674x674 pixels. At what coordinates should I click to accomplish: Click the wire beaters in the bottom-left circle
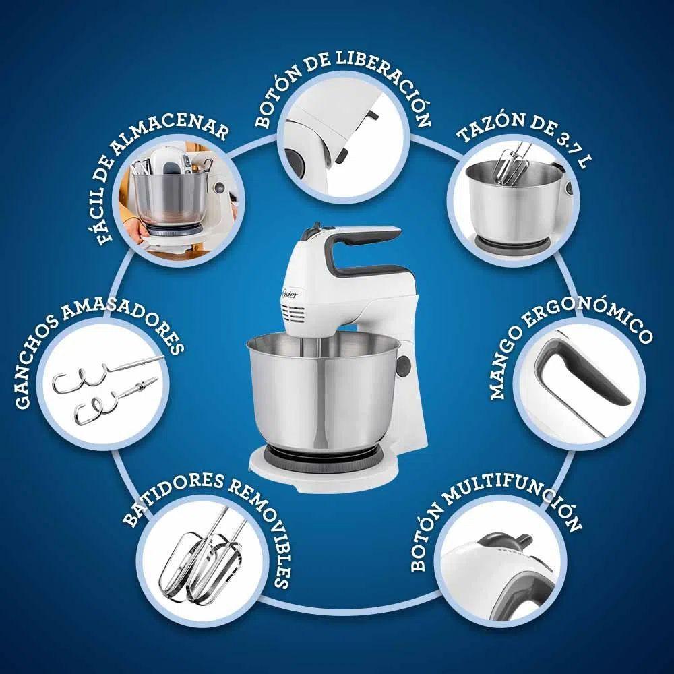point(202,559)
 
